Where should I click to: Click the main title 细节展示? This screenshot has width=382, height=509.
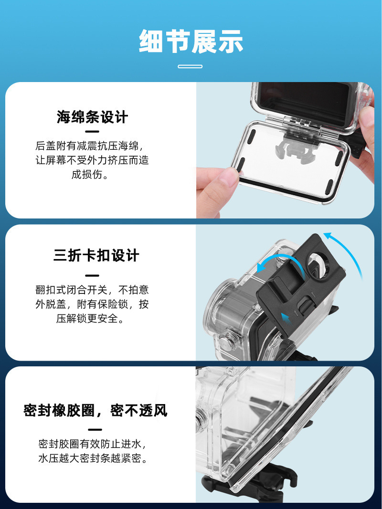click(191, 41)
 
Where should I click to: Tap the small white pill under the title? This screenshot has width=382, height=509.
click(190, 66)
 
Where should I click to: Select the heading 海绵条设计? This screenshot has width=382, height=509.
click(92, 117)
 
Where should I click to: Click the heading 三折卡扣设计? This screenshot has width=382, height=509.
click(96, 256)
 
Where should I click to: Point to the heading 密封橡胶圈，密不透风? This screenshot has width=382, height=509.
click(95, 410)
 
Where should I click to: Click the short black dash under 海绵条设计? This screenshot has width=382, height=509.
click(92, 132)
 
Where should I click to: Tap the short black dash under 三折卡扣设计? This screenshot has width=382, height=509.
click(92, 276)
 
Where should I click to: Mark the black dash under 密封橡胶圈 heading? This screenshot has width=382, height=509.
click(95, 430)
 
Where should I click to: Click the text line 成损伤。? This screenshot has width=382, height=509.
click(90, 174)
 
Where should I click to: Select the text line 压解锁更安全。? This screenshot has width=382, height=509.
click(90, 319)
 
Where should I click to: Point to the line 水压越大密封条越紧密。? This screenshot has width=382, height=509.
click(93, 458)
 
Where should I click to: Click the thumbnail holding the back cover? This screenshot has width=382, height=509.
click(285, 150)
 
